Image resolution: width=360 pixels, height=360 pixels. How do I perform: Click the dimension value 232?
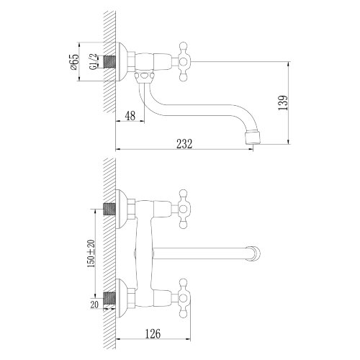pos(184,143)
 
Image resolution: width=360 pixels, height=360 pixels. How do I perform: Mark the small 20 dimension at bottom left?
pos(95,305)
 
